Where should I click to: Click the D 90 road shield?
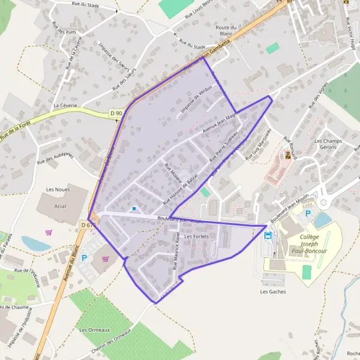coord(116,113)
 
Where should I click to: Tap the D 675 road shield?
coord(88,224)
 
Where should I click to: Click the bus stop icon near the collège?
coord(268,235)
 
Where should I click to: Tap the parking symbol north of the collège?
coord(308,213)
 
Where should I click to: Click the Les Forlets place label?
coord(197,236)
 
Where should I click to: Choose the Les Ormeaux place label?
coord(94,330)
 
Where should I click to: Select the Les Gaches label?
coord(272,292)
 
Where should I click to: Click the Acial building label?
coord(60,205)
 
